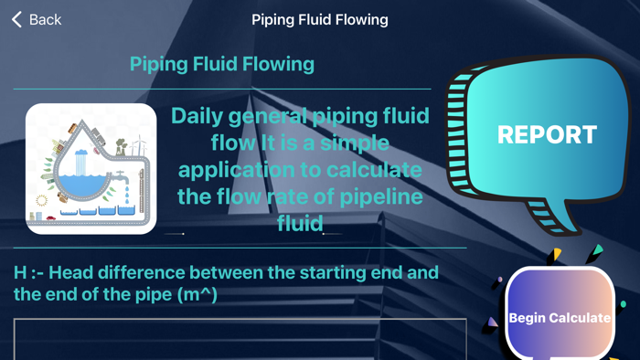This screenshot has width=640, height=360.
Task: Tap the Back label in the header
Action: pos(45,19)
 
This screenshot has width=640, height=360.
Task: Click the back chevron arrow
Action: pos(16,19)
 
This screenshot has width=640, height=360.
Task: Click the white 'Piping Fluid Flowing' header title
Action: pos(319,19)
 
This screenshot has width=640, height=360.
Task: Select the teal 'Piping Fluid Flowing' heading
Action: pos(222,64)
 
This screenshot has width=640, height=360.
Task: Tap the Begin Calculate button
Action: pos(559,317)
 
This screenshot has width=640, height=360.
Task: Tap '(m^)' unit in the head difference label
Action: pos(196,294)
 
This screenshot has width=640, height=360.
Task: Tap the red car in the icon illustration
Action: pos(51,218)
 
